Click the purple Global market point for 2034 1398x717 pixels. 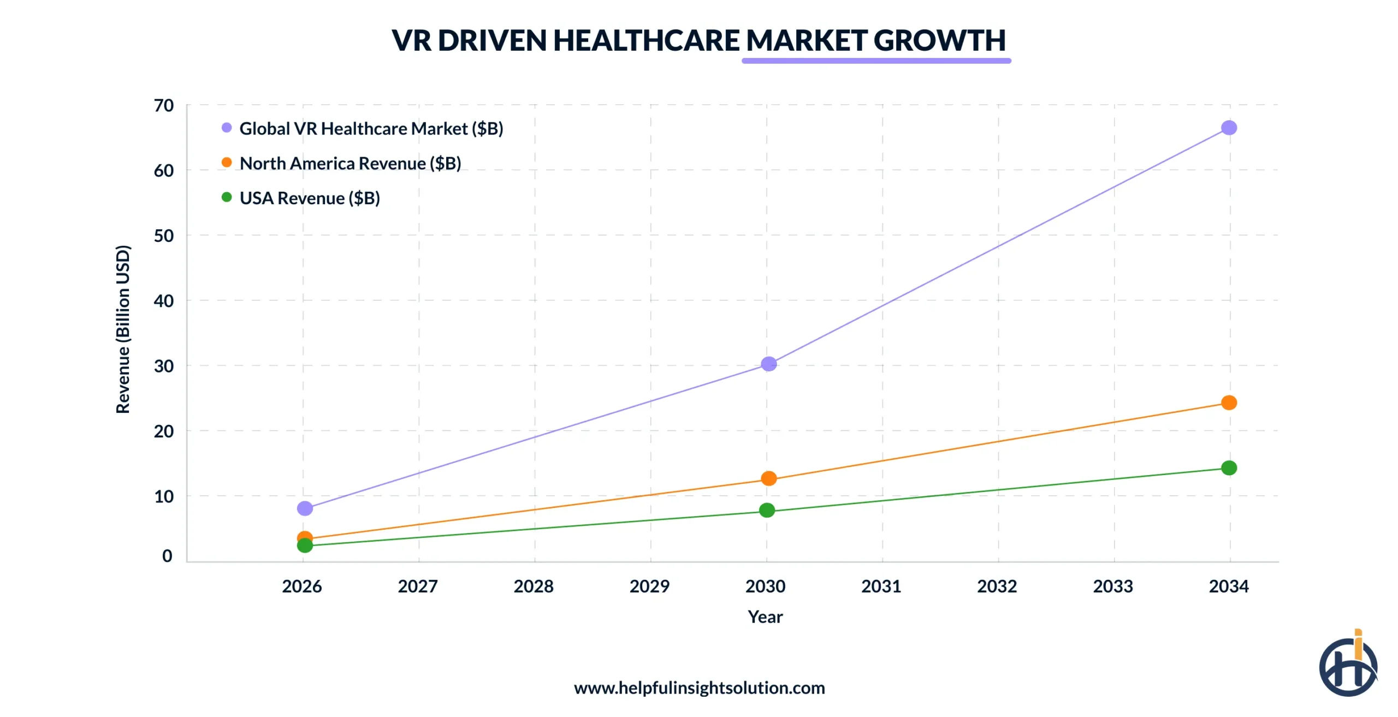pyautogui.click(x=1229, y=128)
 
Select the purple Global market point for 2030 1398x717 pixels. pyautogui.click(x=768, y=364)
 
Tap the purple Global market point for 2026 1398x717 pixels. pyautogui.click(x=305, y=508)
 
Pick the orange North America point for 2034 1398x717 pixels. pyautogui.click(x=1229, y=402)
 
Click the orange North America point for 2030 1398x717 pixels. pyautogui.click(x=768, y=478)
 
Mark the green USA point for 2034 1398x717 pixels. pyautogui.click(x=1229, y=468)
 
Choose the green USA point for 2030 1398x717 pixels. pyautogui.click(x=767, y=510)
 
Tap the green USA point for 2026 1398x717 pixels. pyautogui.click(x=305, y=546)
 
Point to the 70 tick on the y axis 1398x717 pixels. pyautogui.click(x=164, y=105)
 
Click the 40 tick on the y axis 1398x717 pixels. pyautogui.click(x=164, y=301)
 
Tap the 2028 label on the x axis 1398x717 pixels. pyautogui.click(x=534, y=586)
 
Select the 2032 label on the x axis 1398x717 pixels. pyautogui.click(x=997, y=586)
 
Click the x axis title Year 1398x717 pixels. pyautogui.click(x=765, y=617)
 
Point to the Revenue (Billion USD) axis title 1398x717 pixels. pyautogui.click(x=123, y=329)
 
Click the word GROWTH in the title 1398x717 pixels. pyautogui.click(x=939, y=40)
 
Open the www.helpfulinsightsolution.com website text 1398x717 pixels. pyautogui.click(x=699, y=688)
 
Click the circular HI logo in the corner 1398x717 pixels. pyautogui.click(x=1348, y=666)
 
